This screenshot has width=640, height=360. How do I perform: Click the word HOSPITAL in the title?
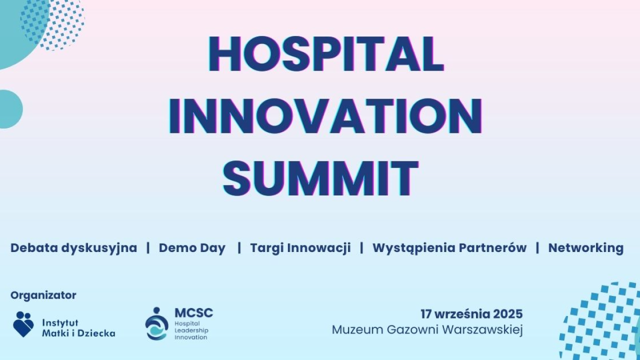[325, 54]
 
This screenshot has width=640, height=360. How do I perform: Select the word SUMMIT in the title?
[320, 178]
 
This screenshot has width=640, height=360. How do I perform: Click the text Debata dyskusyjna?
[73, 248]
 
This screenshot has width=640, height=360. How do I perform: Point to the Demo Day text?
[192, 248]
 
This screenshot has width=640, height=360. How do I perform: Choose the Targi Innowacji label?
[300, 248]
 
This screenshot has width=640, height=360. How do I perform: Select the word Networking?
[585, 248]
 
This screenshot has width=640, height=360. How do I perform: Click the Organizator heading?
[43, 295]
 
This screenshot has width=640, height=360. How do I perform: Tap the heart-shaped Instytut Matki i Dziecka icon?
[23, 324]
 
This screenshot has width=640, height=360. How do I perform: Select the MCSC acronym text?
[193, 313]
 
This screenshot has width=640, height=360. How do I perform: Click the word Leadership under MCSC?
[191, 330]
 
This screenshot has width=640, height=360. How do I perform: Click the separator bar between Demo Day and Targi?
[239, 248]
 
